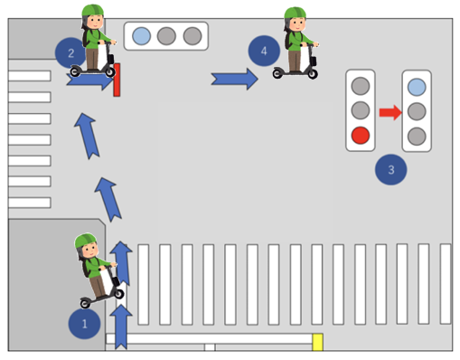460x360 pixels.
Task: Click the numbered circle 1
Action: pos(84,324)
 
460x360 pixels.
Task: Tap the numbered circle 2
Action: pos(70,53)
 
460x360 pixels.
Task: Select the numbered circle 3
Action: pos(390,169)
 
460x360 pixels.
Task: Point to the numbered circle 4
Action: pos(264,51)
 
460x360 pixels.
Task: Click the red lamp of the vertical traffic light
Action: pos(361,136)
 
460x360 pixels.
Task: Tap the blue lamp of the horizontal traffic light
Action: pos(142,36)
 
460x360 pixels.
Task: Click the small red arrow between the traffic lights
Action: pos(390,112)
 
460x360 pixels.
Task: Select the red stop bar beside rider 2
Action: pos(117,80)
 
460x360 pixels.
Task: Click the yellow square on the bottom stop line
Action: pos(317,342)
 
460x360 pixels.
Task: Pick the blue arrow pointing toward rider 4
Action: pos(234,79)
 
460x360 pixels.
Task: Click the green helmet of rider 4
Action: pos(295,13)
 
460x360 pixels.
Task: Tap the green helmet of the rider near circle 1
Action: pos(86,241)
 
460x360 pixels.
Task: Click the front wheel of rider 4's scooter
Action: pos(313,73)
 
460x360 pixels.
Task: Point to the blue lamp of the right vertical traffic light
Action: pos(417,87)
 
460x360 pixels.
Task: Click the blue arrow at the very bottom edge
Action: pos(121,327)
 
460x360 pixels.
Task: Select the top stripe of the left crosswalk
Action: pos(30,76)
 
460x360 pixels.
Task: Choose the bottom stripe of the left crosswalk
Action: pos(30,203)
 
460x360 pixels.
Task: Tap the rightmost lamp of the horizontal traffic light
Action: pos(192,36)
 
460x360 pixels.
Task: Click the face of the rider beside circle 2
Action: pos(96,23)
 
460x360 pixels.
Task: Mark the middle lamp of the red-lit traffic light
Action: pos(361,110)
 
